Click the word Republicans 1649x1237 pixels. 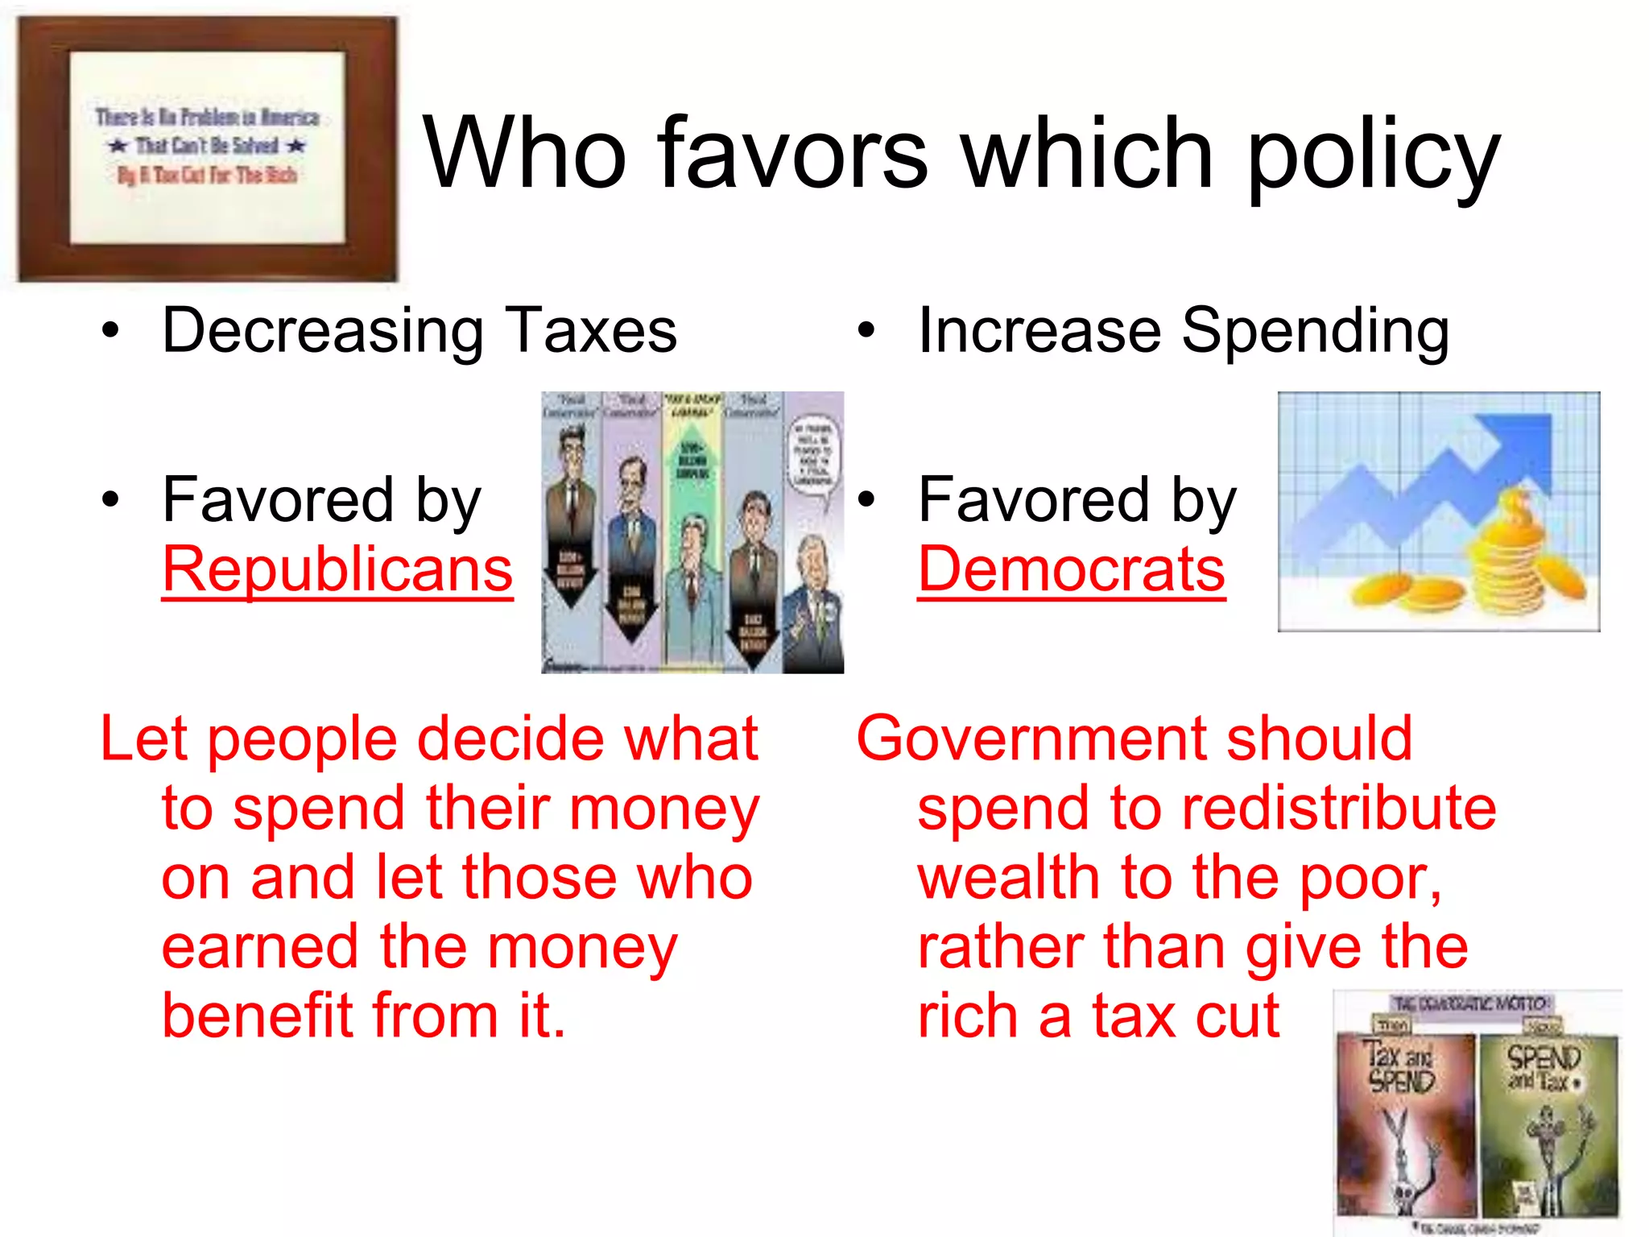[337, 569]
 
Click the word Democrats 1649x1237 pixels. [1071, 569]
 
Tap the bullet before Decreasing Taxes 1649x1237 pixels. [110, 330]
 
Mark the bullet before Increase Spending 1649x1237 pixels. [866, 330]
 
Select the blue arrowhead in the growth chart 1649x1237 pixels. [1518, 443]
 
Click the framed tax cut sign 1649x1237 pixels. [208, 149]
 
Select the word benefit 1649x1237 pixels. [258, 1016]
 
